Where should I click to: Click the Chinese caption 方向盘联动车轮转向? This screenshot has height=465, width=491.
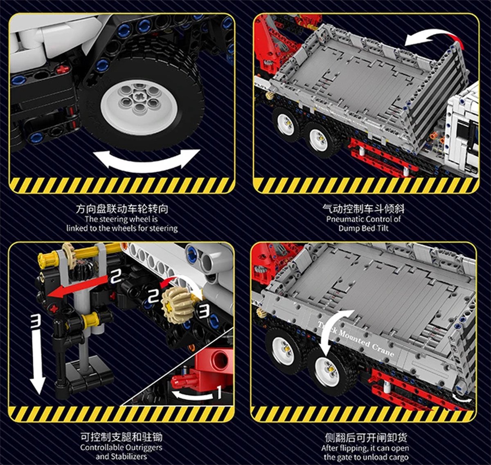point(122,209)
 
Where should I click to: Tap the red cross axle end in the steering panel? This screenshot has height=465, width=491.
point(62,69)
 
